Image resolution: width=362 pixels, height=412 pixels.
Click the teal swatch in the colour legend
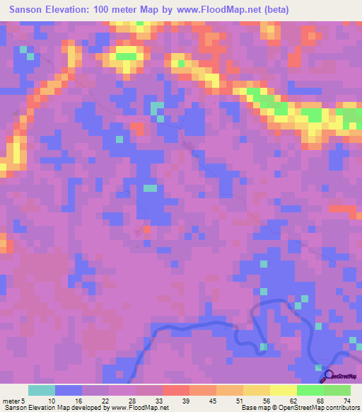tap(42, 390)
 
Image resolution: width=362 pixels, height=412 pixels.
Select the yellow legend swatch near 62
tap(284, 390)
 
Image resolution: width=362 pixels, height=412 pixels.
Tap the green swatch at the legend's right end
tap(337, 390)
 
